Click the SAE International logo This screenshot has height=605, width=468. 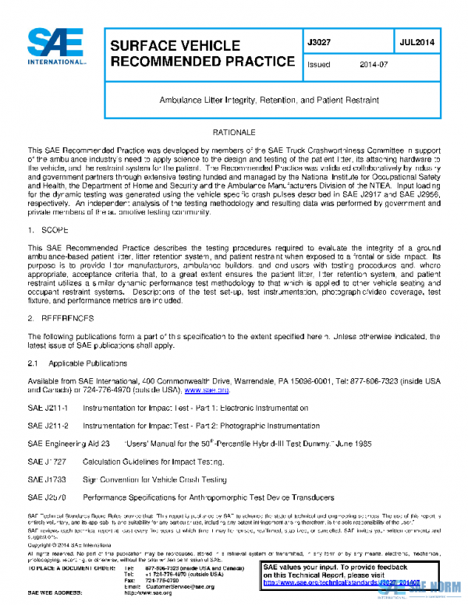(x=55, y=48)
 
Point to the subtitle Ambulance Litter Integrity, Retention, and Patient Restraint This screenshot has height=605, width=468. (x=269, y=101)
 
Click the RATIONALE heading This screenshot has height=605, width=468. (x=234, y=134)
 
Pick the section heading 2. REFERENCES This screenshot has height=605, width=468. (x=61, y=319)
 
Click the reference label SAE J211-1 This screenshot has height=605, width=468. (x=48, y=408)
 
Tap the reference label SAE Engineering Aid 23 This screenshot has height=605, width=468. (x=68, y=443)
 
